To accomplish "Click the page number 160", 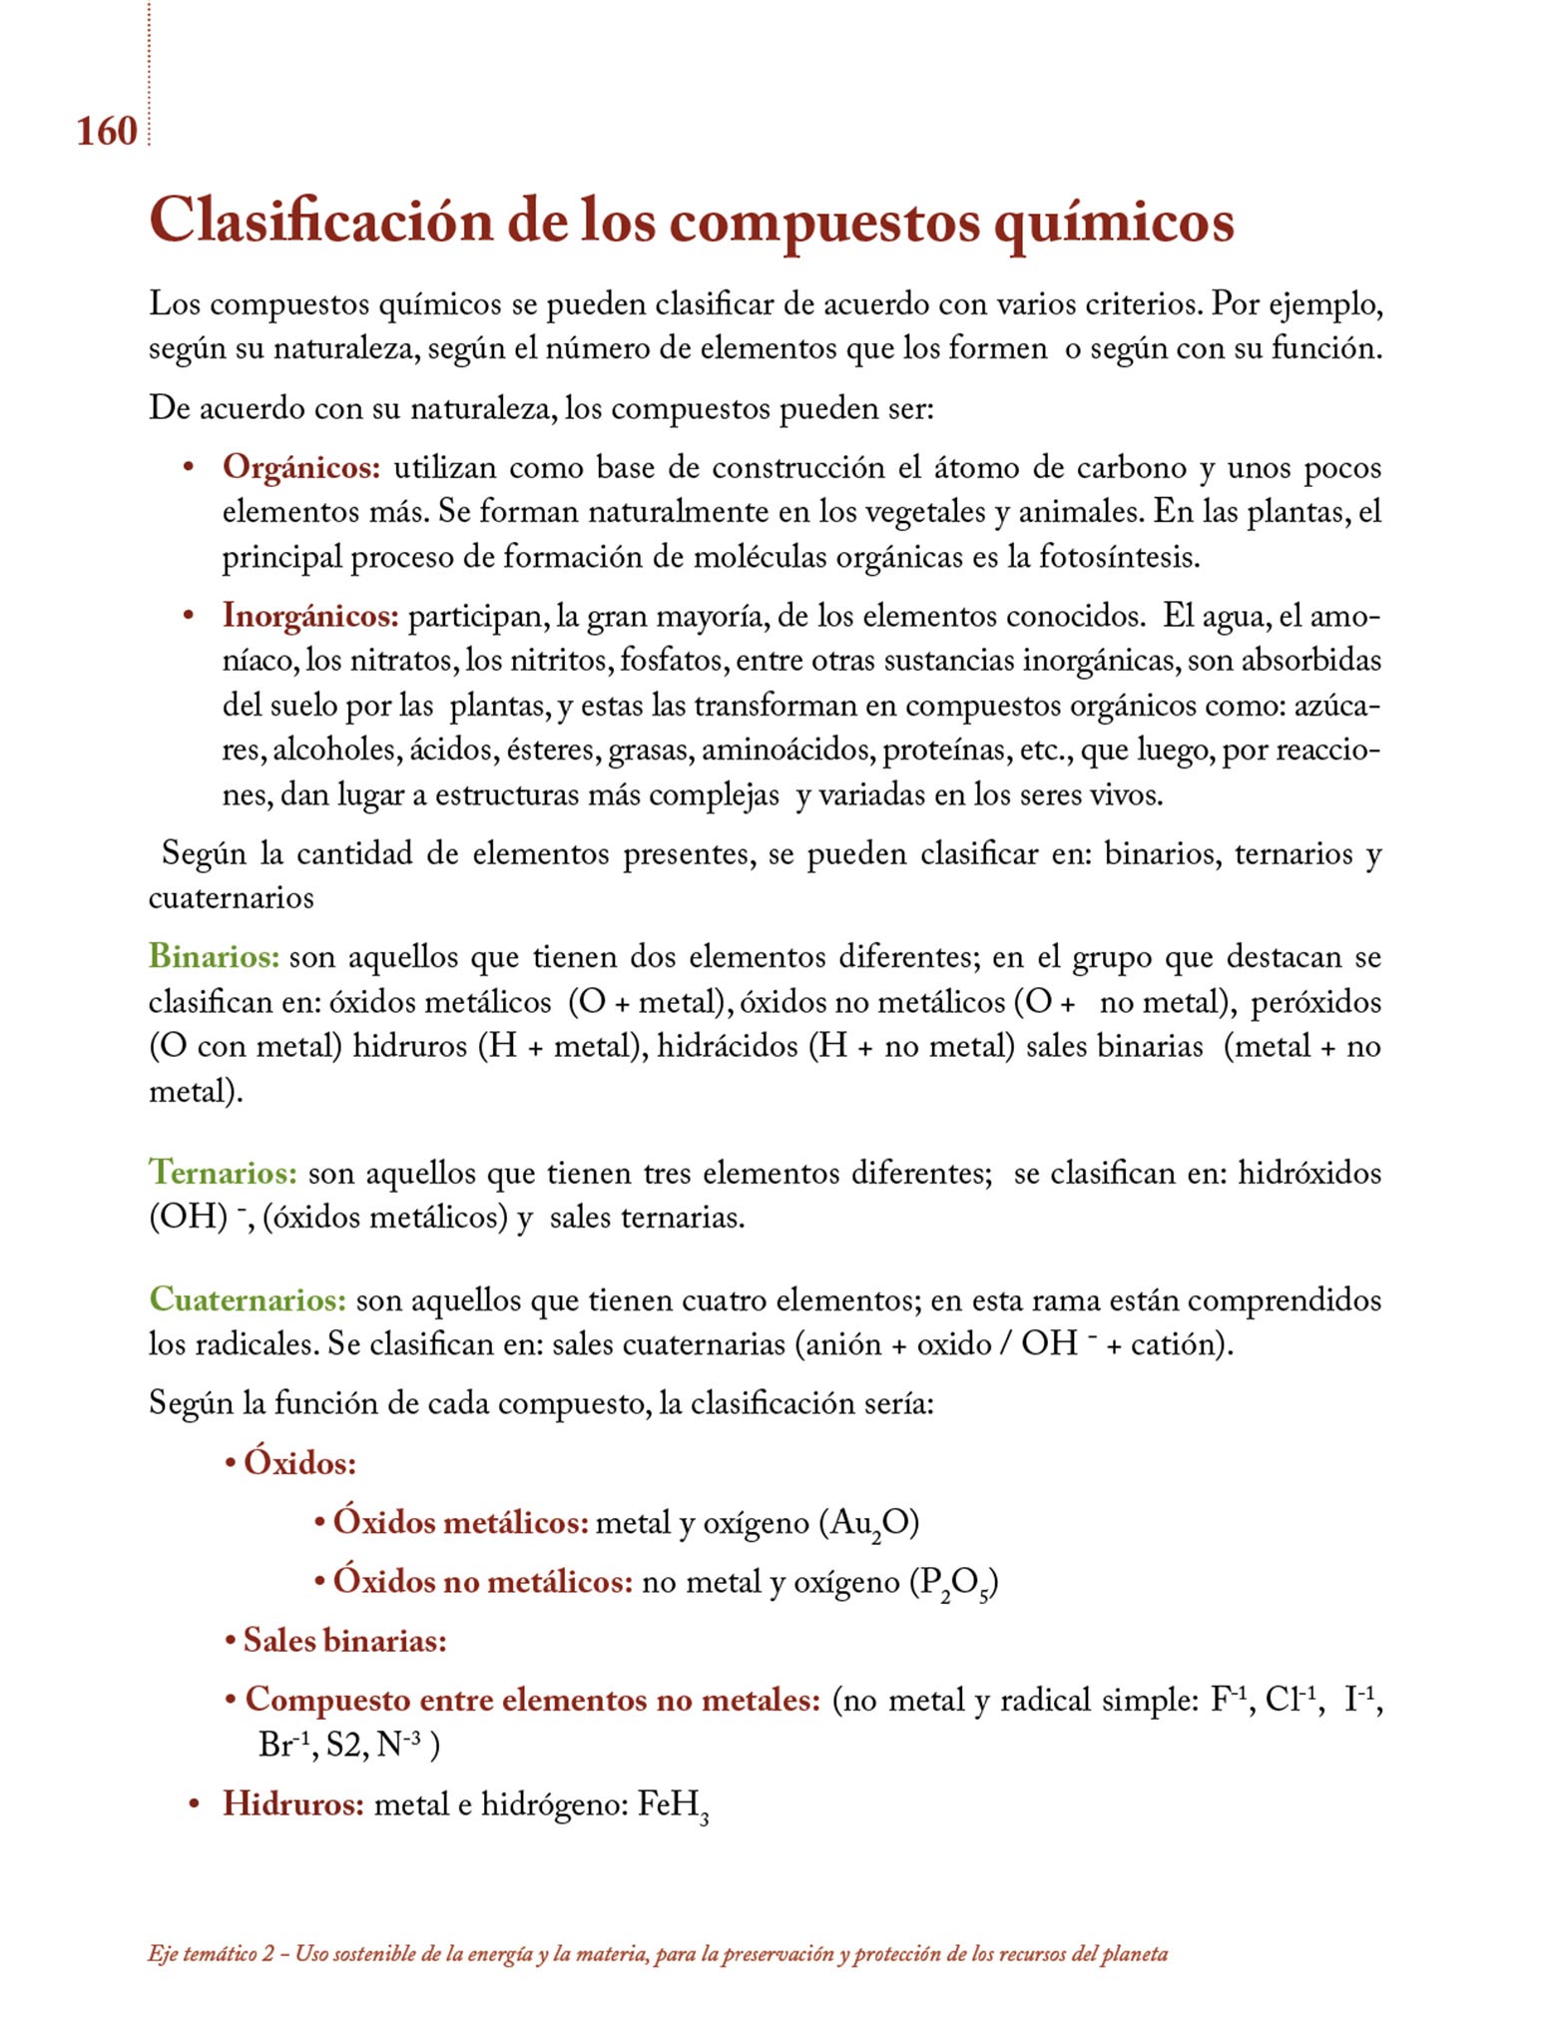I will pos(106,132).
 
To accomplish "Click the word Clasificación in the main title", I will pos(320,222).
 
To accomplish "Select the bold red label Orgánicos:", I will pos(301,467).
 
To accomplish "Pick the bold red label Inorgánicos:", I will pos(310,616).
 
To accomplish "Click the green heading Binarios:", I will pos(214,957).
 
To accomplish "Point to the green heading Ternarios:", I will pos(223,1173).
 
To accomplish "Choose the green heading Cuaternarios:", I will pos(248,1300).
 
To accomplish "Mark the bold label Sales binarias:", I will pos(344,1641).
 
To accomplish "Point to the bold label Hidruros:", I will pos(293,1804).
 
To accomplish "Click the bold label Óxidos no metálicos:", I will pos(483,1582).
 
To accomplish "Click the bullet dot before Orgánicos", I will pos(188,468).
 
